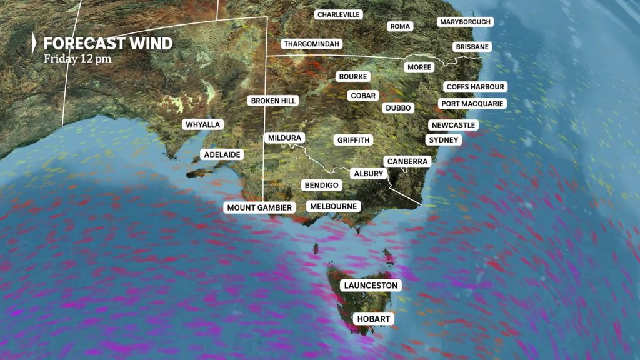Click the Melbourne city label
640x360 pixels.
334,206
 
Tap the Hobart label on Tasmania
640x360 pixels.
374,319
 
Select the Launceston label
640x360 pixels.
371,286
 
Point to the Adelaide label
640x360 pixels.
222,154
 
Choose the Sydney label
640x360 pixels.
444,140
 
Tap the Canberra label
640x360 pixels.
407,161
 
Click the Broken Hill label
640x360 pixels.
272,100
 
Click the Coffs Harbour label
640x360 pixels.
475,87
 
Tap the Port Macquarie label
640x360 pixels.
471,104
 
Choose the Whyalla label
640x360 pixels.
203,124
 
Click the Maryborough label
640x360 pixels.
466,22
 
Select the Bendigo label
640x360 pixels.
321,185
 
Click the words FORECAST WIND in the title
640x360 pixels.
107,44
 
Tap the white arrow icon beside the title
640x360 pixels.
35,44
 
